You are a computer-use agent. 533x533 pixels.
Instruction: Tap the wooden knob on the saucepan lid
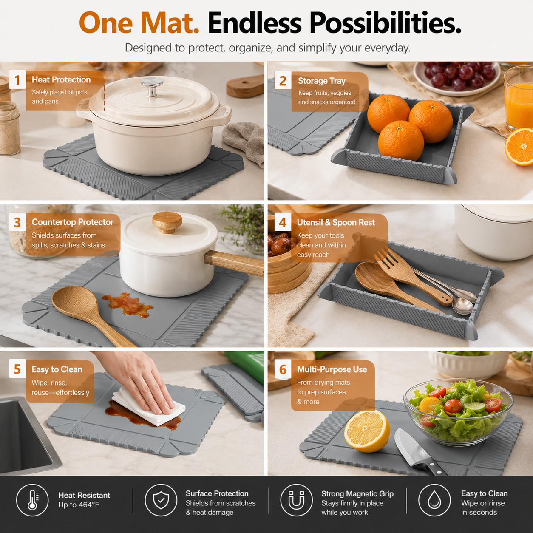click(x=167, y=221)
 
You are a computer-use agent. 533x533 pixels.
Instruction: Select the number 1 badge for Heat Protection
click(x=17, y=80)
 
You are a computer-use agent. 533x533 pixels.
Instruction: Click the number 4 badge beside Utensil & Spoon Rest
click(x=283, y=222)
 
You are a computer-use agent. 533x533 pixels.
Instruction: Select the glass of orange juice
click(x=519, y=99)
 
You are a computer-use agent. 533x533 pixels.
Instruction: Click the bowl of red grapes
click(x=456, y=76)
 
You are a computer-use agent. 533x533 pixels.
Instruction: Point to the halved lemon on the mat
click(x=367, y=431)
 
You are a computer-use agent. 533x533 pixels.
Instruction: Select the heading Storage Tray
click(x=322, y=81)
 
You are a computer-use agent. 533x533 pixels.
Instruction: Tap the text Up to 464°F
click(x=79, y=505)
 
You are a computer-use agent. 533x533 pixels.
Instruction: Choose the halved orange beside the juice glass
click(x=519, y=147)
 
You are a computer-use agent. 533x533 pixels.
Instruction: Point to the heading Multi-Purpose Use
click(x=332, y=369)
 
